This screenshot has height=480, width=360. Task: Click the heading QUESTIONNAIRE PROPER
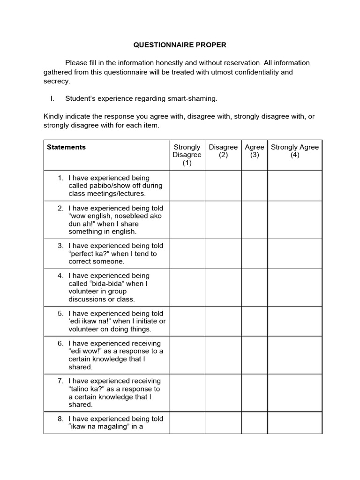point(180,45)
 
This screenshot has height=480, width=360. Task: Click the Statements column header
point(66,147)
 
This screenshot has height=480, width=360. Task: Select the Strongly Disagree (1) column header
point(187,155)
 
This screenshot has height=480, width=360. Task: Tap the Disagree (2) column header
point(223,151)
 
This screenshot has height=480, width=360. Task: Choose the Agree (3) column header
point(255,151)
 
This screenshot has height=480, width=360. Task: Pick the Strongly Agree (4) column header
point(295,151)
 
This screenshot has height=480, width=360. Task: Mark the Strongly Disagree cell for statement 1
point(187,186)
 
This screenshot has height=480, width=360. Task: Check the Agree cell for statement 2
point(255,220)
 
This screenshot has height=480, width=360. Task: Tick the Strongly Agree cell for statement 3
point(295,254)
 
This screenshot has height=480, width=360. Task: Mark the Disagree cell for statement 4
point(223,287)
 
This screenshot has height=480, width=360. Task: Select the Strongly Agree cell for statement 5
point(295,321)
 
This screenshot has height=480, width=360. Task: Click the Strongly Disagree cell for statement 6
point(187,355)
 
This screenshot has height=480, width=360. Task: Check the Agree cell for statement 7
point(255,393)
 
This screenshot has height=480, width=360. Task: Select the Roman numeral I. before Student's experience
point(52,98)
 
